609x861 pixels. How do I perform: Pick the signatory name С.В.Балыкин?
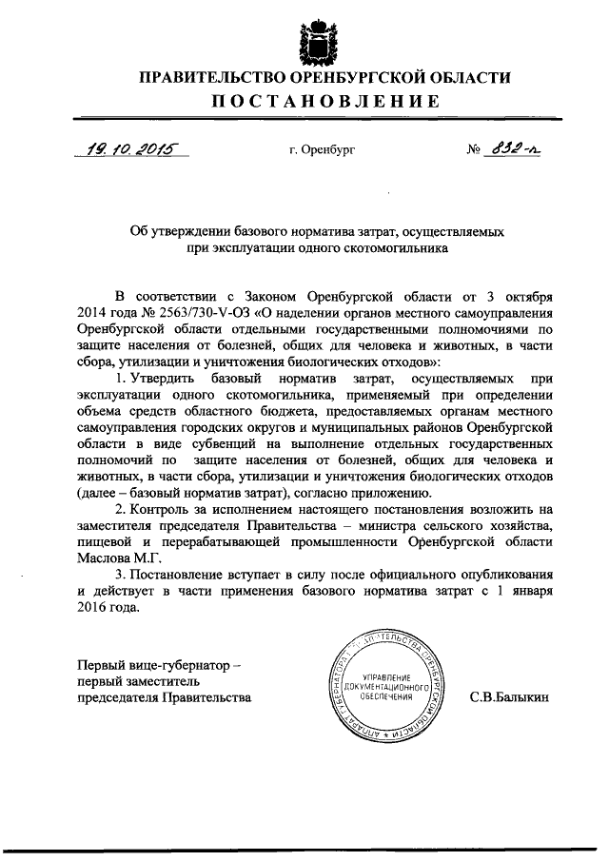509,697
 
